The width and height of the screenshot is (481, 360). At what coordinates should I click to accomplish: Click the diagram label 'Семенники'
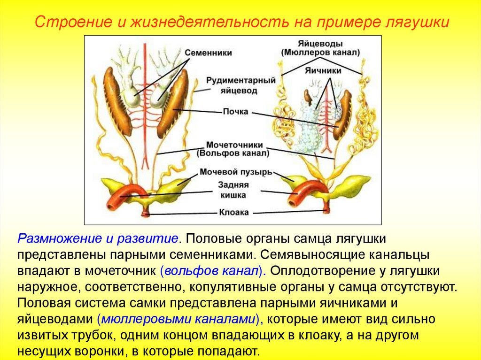[x=208, y=53]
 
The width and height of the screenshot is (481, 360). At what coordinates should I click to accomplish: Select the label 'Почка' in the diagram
[x=236, y=112]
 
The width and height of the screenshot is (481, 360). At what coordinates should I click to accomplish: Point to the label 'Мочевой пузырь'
[x=236, y=172]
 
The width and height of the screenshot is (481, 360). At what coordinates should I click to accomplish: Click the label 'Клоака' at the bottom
[x=234, y=212]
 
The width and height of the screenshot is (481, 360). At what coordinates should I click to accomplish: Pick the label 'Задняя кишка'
[x=233, y=190]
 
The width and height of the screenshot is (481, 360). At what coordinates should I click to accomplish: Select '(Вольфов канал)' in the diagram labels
[x=234, y=153]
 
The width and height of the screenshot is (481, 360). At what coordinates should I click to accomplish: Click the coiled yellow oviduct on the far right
[x=367, y=127]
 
